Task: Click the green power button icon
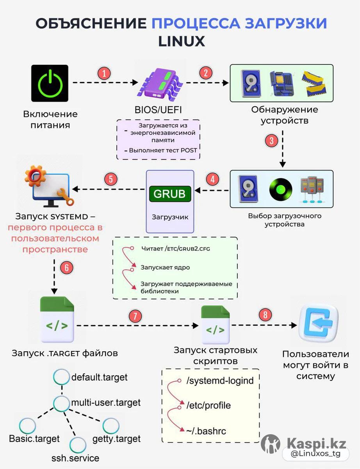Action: (x=50, y=83)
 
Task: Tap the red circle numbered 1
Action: (x=104, y=73)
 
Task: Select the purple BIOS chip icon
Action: (x=160, y=83)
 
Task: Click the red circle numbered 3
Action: (x=271, y=141)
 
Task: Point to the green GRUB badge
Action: (x=170, y=194)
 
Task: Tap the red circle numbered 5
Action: (x=110, y=179)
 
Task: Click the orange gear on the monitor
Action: (x=36, y=176)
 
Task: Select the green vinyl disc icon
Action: (x=281, y=190)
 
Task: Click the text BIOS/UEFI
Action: (x=158, y=110)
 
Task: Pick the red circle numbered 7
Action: (x=135, y=316)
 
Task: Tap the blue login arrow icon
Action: (x=319, y=323)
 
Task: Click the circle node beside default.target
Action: (x=61, y=377)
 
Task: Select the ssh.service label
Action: (x=75, y=458)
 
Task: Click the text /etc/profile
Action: (x=209, y=405)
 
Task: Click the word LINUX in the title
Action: (x=182, y=41)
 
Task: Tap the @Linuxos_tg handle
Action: (x=315, y=453)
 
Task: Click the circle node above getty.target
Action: (x=111, y=426)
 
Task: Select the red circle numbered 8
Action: (x=265, y=315)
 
